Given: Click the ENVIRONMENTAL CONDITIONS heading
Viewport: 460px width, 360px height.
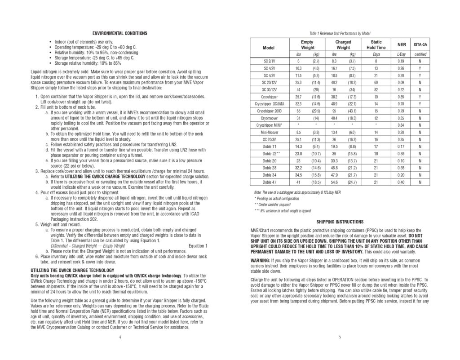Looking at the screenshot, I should click(119, 34).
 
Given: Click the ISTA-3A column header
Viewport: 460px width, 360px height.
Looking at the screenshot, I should click(420, 45).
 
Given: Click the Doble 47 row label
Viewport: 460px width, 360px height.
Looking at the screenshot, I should click(270, 182).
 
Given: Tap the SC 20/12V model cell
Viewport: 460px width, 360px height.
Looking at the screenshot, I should click(270, 82).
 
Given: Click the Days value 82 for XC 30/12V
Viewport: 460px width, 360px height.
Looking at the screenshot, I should click(376, 89).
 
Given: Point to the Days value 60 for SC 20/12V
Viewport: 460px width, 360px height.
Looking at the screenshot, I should click(376, 82).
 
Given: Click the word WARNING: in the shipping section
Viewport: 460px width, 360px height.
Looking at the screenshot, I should click(261, 261).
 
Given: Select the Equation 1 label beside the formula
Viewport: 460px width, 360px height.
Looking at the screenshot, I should click(198, 246).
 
